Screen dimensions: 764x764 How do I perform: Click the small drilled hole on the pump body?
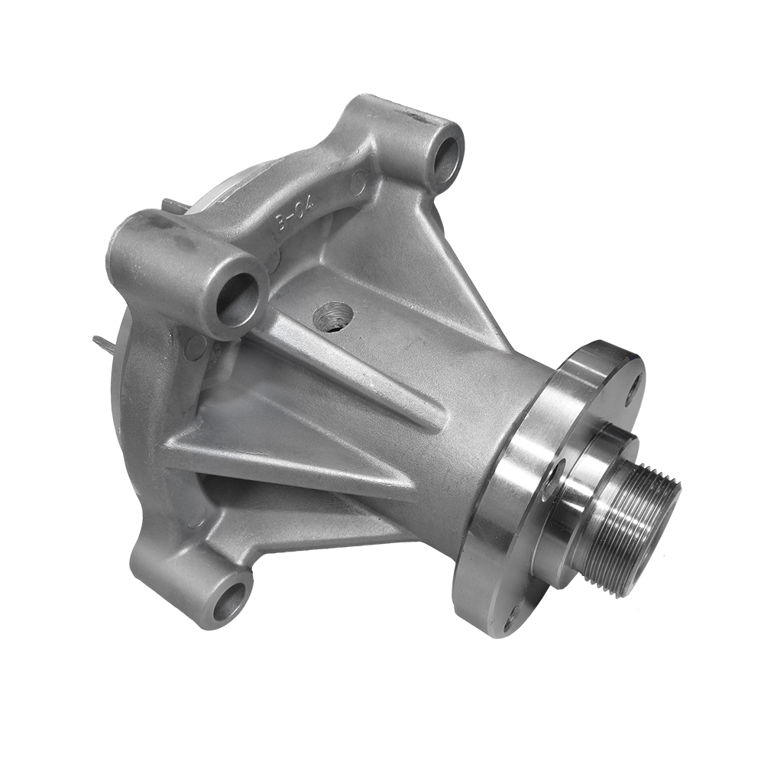[x=333, y=316]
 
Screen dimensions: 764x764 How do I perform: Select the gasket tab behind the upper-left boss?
[x=172, y=206]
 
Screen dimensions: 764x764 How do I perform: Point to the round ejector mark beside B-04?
[x=358, y=182]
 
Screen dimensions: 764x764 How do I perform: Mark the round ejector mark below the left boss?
[x=196, y=348]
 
